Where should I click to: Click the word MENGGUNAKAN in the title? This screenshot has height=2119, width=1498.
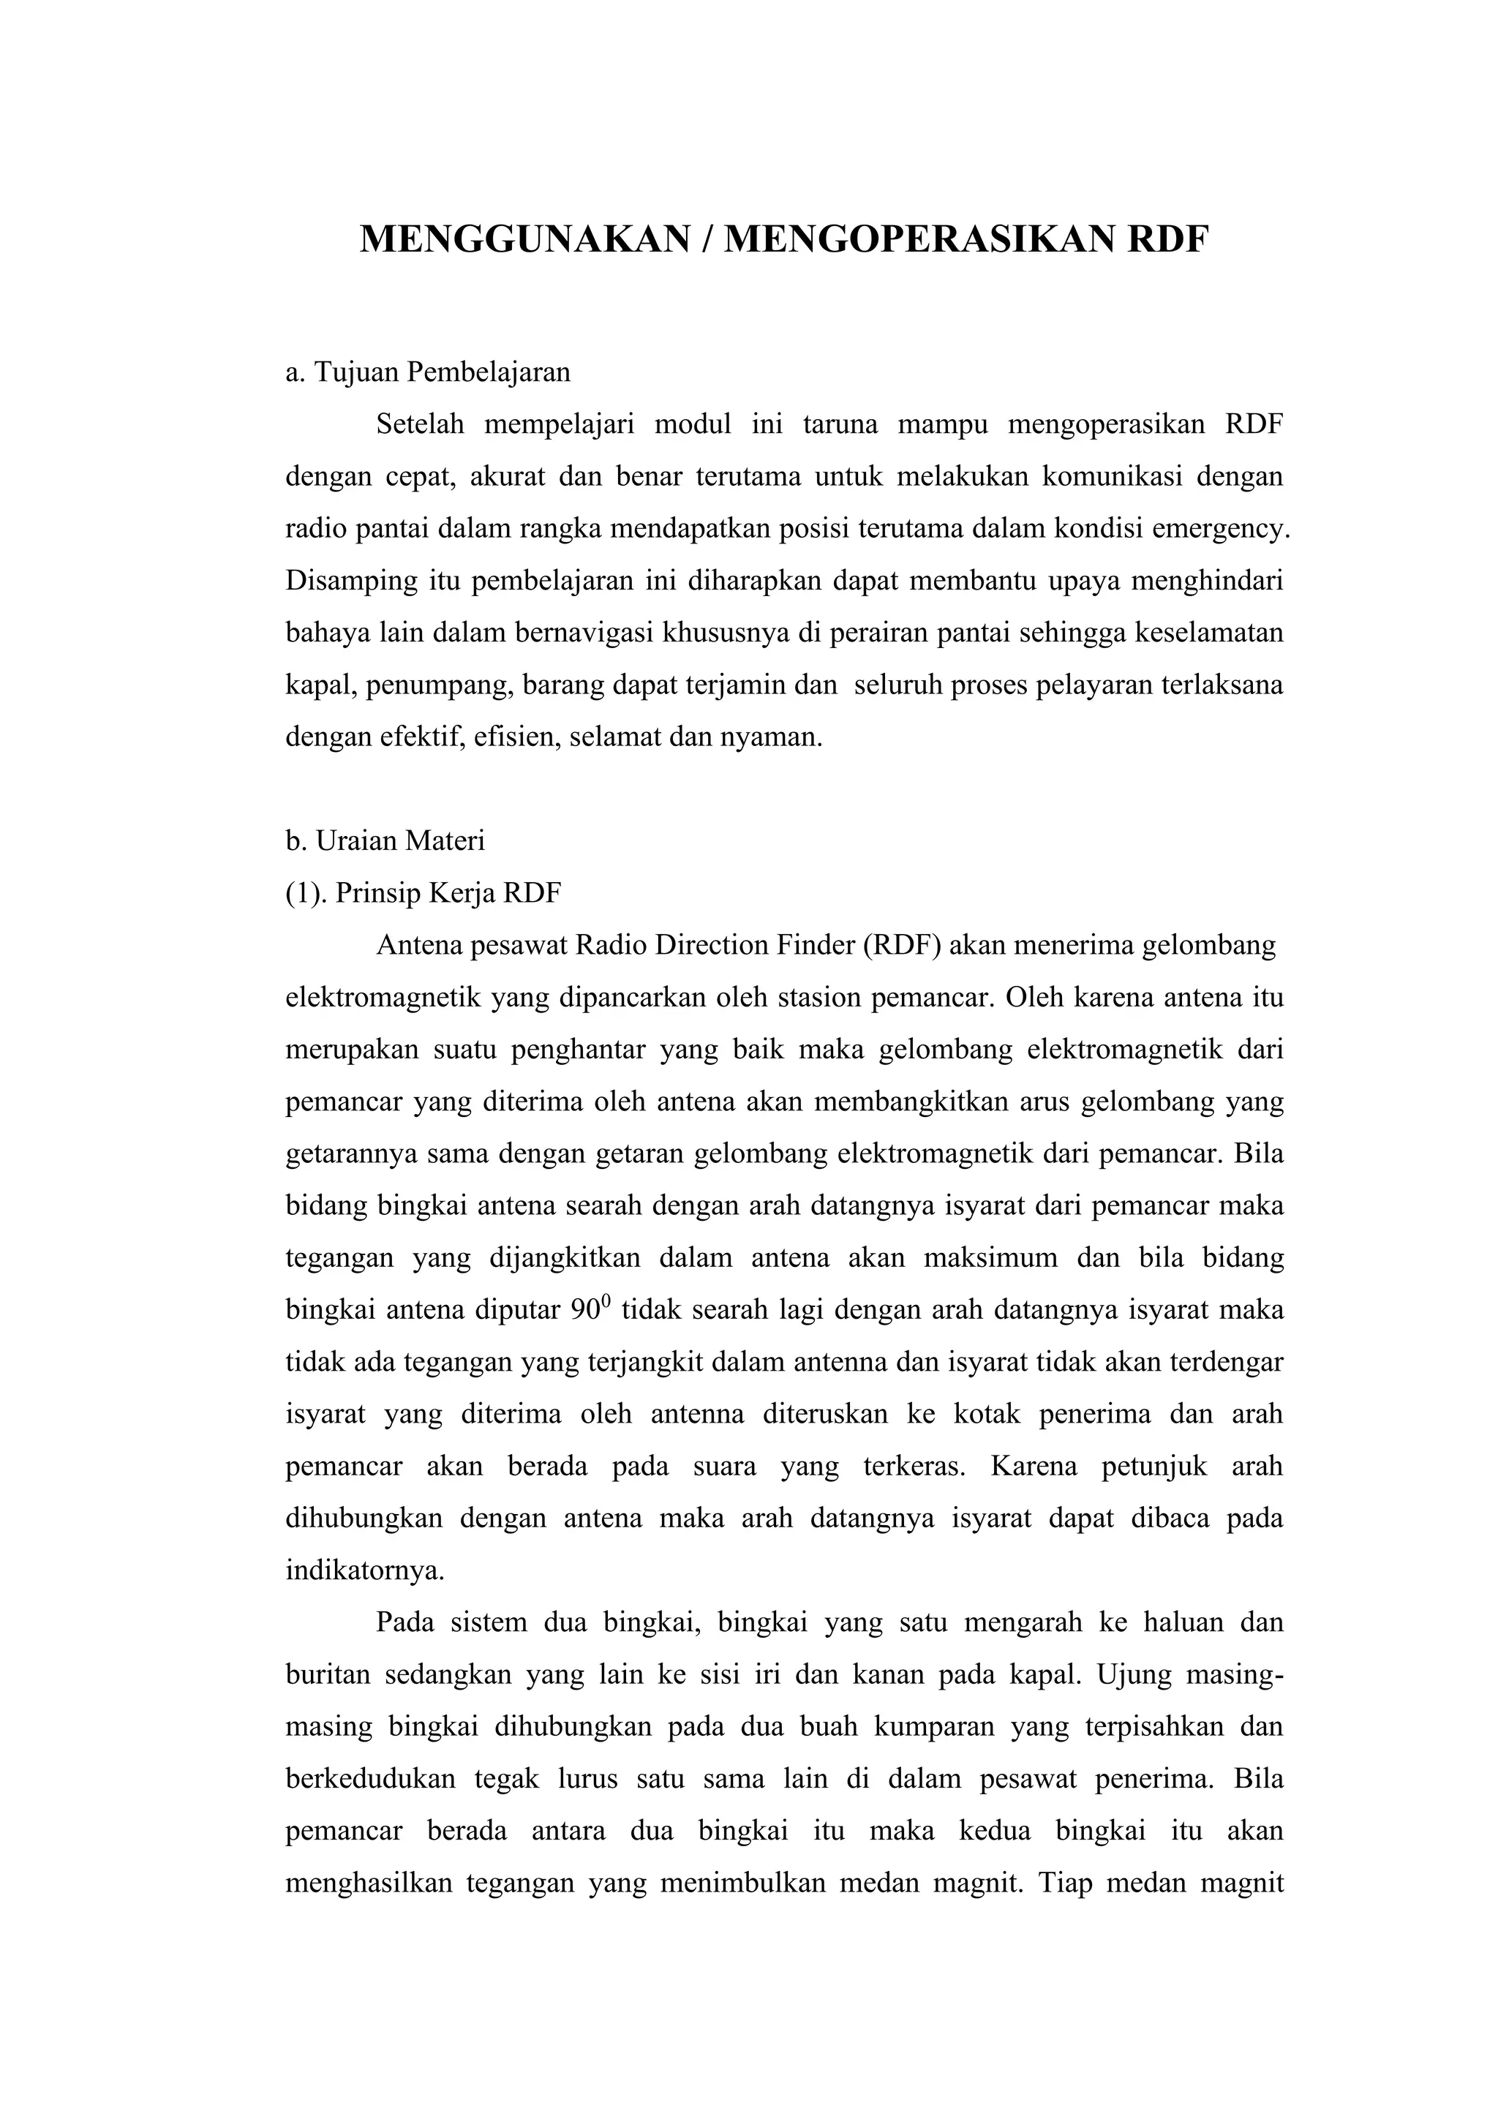525,240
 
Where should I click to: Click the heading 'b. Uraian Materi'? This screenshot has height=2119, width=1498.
385,840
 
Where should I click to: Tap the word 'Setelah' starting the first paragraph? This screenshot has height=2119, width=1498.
420,424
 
